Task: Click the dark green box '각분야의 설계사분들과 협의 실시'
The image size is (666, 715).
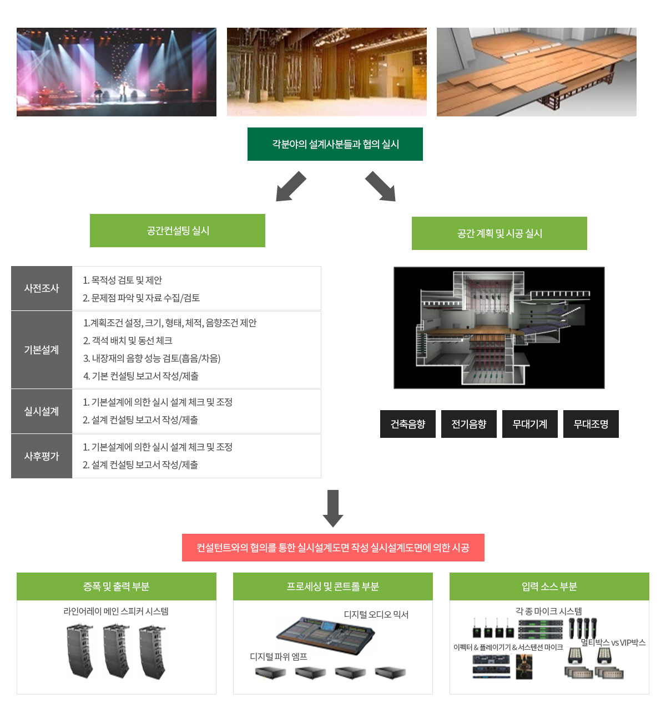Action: click(335, 144)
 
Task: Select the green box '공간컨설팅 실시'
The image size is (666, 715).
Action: click(178, 231)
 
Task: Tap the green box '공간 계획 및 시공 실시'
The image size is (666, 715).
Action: click(499, 233)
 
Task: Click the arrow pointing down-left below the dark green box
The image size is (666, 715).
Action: click(291, 187)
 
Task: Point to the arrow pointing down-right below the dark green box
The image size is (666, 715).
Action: click(381, 187)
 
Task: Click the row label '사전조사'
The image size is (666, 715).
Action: click(42, 288)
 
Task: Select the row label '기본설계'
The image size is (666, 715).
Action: click(42, 350)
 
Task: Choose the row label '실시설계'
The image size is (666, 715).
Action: click(42, 411)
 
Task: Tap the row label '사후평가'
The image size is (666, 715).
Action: click(42, 456)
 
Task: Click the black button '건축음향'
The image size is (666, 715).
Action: click(408, 424)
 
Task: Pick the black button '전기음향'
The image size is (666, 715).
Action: click(469, 424)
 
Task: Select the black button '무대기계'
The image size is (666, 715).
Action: click(530, 424)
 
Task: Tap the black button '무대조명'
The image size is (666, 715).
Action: click(591, 424)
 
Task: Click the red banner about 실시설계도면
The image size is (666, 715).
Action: click(333, 548)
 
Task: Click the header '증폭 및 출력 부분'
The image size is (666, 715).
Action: click(117, 586)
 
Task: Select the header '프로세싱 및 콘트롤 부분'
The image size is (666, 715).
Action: click(333, 586)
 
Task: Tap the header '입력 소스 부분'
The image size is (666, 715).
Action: click(549, 586)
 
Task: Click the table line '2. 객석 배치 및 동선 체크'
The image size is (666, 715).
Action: click(128, 340)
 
